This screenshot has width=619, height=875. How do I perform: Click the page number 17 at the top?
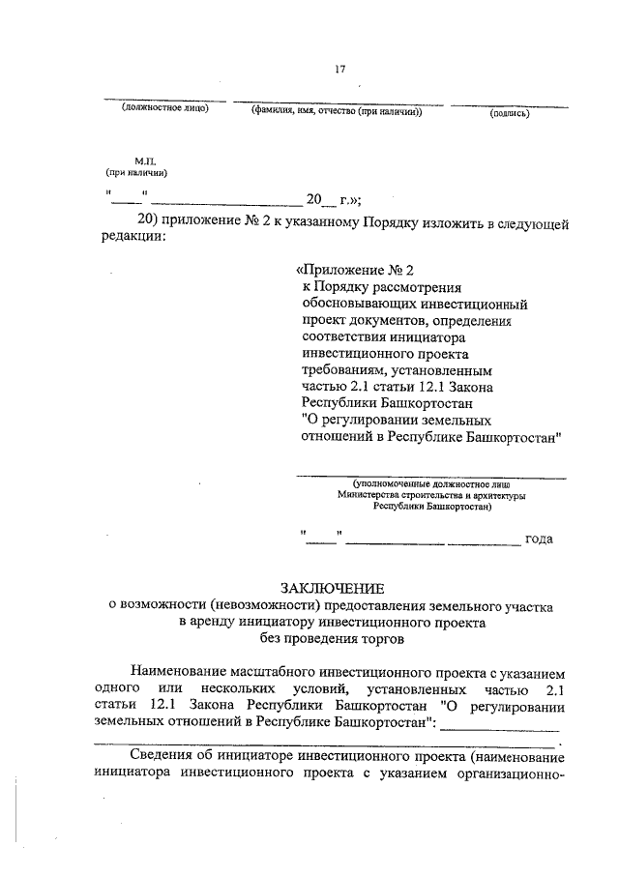click(339, 68)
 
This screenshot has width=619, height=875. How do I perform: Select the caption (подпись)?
click(509, 112)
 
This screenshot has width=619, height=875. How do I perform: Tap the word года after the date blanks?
click(538, 539)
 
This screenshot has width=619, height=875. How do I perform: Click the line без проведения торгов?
click(332, 638)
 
